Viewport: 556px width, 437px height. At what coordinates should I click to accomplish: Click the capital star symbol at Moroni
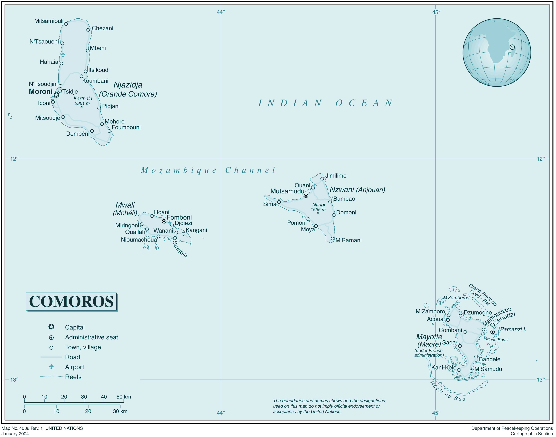(x=56, y=95)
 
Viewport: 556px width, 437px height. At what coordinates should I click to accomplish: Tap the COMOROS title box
(x=71, y=302)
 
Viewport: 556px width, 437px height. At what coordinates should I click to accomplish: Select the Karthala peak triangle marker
(x=82, y=107)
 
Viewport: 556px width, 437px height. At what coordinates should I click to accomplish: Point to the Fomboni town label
(x=179, y=217)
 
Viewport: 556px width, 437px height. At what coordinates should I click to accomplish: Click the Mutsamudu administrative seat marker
(x=306, y=196)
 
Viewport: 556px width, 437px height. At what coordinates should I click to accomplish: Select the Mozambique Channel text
(x=208, y=170)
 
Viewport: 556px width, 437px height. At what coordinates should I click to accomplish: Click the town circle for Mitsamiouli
(x=66, y=24)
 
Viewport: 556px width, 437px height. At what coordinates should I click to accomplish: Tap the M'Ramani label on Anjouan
(x=348, y=240)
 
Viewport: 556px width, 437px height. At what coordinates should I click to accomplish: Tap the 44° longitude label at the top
(x=221, y=12)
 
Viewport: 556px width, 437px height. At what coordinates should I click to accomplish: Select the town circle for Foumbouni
(x=109, y=131)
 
